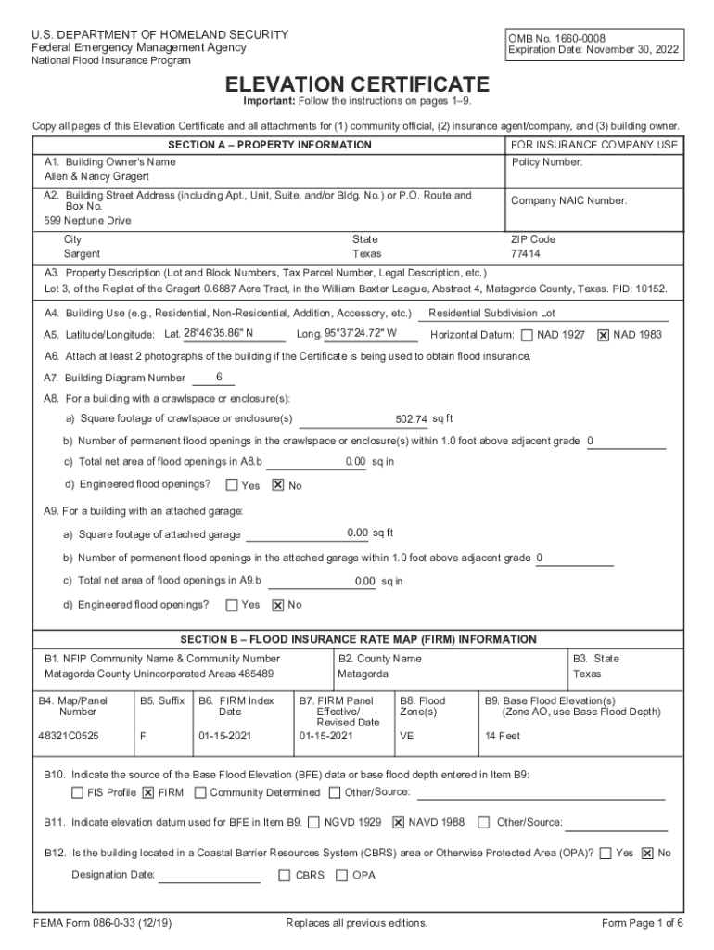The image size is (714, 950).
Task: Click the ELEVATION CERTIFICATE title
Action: click(357, 84)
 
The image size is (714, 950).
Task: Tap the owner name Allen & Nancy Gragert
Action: click(96, 176)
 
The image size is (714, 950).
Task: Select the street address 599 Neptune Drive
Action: click(88, 221)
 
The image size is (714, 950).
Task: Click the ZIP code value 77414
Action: click(526, 253)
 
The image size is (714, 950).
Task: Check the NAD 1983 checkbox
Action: click(604, 335)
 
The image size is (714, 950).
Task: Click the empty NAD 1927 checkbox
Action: click(527, 335)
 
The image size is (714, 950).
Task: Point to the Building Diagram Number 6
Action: click(219, 377)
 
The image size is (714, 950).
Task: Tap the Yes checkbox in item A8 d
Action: click(232, 485)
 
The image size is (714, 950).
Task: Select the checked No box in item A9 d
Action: click(277, 606)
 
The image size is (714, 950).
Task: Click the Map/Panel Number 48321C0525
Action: click(70, 736)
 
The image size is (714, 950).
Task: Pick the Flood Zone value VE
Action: click(406, 736)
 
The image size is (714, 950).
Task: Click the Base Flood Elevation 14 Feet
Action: click(503, 736)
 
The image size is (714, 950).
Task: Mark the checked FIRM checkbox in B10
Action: click(148, 793)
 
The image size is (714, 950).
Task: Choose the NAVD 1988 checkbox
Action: click(399, 822)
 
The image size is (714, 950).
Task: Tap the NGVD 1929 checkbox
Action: click(314, 822)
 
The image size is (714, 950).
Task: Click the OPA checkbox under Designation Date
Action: click(342, 875)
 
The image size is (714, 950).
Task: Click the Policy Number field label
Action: click(547, 162)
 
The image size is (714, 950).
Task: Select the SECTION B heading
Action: click(358, 639)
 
